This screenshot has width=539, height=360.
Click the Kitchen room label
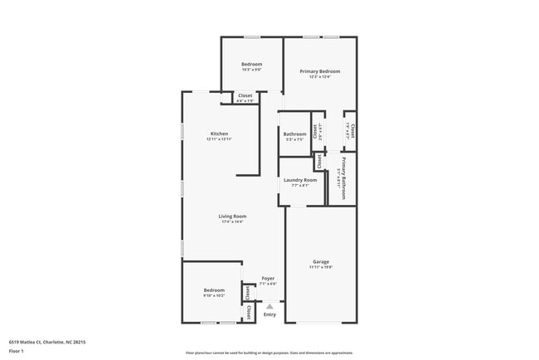(219, 134)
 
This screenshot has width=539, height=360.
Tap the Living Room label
(232, 216)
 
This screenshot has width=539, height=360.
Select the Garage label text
(321, 262)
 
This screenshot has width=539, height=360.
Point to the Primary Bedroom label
(320, 72)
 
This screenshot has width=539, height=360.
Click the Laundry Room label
(300, 180)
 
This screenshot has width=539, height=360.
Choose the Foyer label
(268, 279)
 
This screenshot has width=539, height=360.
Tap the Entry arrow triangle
(269, 306)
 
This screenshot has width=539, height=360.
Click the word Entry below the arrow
(269, 314)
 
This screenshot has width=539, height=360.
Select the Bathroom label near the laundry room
(295, 134)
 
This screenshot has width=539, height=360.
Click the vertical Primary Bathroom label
(343, 176)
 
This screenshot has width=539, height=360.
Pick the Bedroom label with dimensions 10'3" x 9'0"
(251, 65)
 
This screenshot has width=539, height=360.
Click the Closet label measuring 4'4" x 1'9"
(245, 95)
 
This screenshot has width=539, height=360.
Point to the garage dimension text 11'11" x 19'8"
(321, 268)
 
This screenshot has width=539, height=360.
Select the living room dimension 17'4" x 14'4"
(232, 222)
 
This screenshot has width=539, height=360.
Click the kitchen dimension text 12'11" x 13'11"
(219, 139)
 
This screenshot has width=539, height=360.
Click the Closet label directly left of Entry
(249, 312)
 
